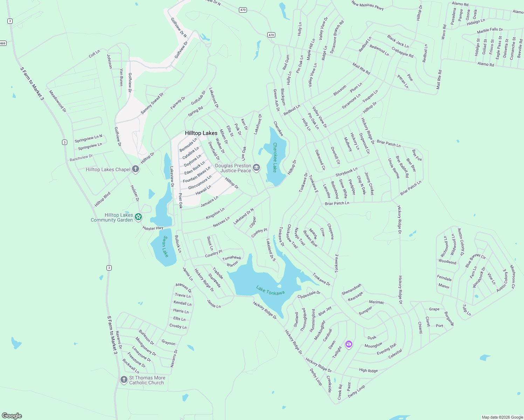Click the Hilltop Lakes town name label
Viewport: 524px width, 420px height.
click(x=201, y=133)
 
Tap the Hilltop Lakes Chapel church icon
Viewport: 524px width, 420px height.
click(x=136, y=169)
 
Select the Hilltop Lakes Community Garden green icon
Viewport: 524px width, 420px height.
click(x=138, y=217)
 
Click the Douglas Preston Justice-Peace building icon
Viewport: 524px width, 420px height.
click(x=256, y=168)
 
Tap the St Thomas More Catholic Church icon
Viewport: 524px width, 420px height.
click(x=124, y=380)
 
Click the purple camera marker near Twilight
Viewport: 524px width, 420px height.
click(x=349, y=344)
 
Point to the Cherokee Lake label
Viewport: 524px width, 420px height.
click(x=275, y=157)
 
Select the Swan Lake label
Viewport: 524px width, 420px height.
click(x=165, y=246)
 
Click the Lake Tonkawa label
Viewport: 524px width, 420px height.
click(x=270, y=290)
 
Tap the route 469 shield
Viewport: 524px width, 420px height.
click(x=3, y=43)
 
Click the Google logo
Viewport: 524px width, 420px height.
click(x=12, y=415)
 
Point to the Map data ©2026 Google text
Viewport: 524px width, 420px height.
click(x=502, y=417)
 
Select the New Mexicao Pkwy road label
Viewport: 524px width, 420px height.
click(x=367, y=5)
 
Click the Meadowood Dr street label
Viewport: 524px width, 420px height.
click(x=57, y=101)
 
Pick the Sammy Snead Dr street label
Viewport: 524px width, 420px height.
click(x=152, y=103)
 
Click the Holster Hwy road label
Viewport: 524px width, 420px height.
click(x=153, y=228)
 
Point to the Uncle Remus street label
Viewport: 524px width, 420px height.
click(x=394, y=168)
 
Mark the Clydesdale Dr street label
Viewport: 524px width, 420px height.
click(x=309, y=295)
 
